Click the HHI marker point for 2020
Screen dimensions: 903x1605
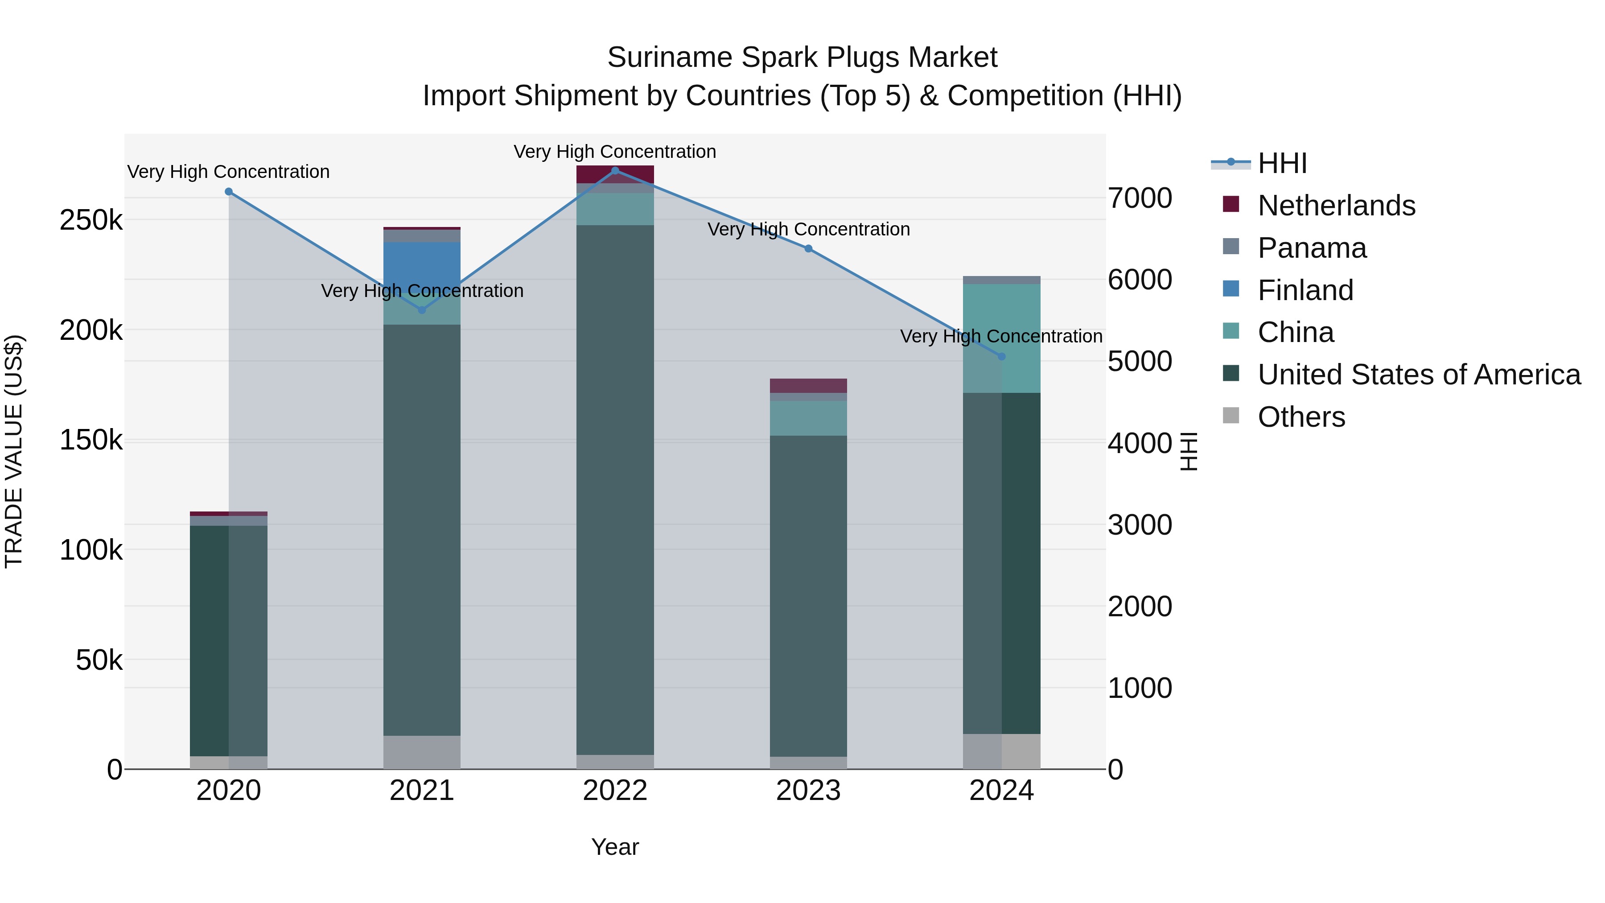[x=229, y=191]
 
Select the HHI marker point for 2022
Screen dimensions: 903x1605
[x=615, y=170]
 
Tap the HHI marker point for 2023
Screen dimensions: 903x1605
[x=808, y=248]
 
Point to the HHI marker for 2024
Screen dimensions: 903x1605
[x=1002, y=356]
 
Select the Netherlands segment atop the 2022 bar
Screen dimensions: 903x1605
[x=615, y=174]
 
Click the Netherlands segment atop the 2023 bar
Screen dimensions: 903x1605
[x=808, y=385]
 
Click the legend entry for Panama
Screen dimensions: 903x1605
[x=1312, y=248]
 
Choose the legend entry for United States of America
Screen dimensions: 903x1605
[x=1419, y=375]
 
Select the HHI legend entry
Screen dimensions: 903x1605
[x=1282, y=163]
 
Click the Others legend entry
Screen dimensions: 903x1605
[x=1301, y=417]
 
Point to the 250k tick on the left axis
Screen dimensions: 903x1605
[x=91, y=220]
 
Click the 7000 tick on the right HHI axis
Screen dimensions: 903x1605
[x=1140, y=198]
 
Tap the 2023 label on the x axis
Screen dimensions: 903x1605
[x=808, y=791]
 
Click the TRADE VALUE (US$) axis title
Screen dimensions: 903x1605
[x=14, y=451]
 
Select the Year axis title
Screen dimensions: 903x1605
[x=615, y=847]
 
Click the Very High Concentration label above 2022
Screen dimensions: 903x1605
[x=615, y=152]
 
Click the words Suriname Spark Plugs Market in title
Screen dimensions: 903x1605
[x=802, y=58]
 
